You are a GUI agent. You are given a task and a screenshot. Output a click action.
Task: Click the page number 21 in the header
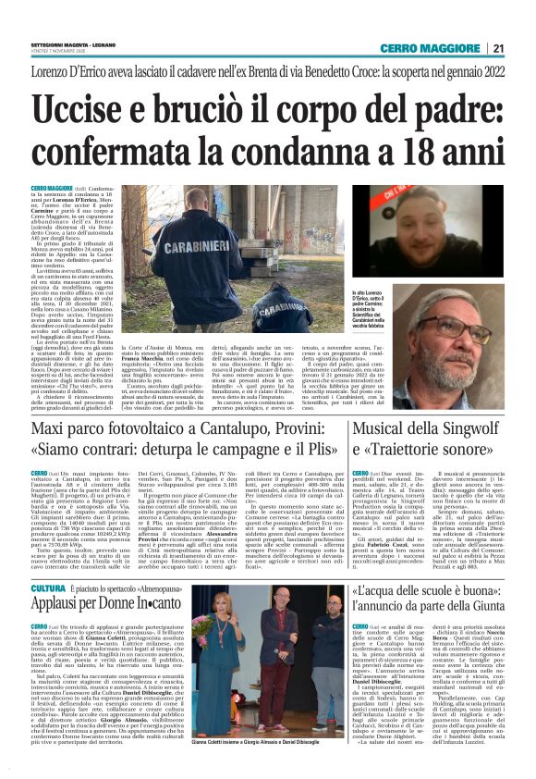pyautogui.click(x=498, y=49)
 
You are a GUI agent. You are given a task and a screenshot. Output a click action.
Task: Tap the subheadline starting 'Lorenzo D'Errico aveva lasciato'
pyautogui.click(x=267, y=72)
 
